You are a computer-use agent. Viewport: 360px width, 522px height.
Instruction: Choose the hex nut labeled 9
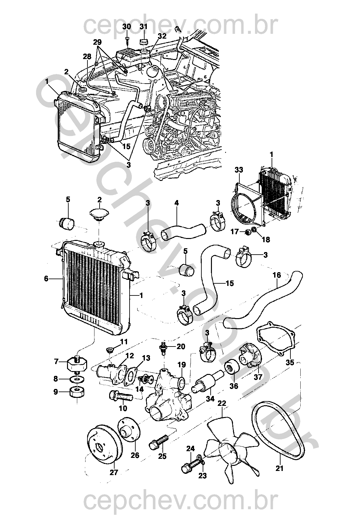click(78, 394)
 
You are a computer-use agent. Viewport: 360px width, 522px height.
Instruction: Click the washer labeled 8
click(78, 379)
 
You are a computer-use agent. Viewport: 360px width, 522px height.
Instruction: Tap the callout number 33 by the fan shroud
click(239, 170)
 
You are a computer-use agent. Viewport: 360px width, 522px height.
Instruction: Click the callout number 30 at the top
click(127, 26)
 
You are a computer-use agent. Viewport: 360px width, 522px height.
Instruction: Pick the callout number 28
click(87, 56)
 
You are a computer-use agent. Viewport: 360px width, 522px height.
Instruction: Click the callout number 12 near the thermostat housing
click(130, 356)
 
